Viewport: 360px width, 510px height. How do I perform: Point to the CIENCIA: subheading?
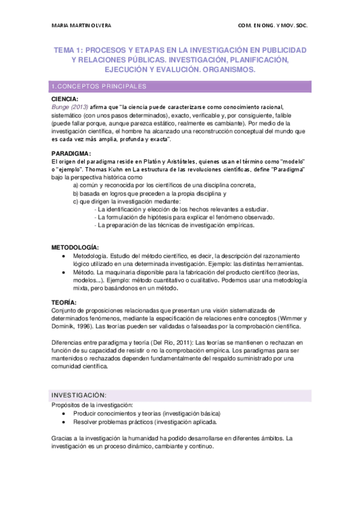pos(64,99)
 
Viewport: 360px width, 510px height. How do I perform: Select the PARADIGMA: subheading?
pos(71,153)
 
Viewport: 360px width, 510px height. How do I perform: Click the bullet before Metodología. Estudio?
pos(65,256)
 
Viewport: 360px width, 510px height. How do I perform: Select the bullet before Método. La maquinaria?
pos(65,272)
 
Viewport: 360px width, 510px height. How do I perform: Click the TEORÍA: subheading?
pos(64,302)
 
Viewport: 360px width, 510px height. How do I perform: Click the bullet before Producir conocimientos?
pos(65,414)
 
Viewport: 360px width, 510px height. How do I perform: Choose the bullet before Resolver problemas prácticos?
pos(65,423)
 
